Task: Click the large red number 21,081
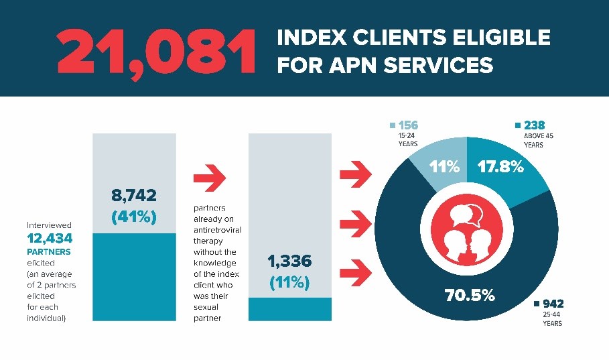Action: [157, 52]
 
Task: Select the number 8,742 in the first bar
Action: [134, 195]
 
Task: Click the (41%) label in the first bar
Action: [134, 217]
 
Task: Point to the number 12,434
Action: [50, 238]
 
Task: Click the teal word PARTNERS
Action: [49, 251]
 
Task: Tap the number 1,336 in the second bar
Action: [289, 261]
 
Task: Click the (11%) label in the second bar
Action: [289, 283]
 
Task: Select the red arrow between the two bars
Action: [210, 178]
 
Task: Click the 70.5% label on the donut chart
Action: [470, 296]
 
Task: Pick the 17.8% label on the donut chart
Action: [500, 167]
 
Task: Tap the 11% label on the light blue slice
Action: [444, 167]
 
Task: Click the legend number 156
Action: [408, 125]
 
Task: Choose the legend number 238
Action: [535, 125]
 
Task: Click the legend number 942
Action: [553, 304]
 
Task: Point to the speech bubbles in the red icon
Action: [466, 215]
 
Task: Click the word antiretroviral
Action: [218, 230]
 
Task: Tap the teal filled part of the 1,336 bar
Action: [289, 309]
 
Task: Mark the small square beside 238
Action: [518, 125]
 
